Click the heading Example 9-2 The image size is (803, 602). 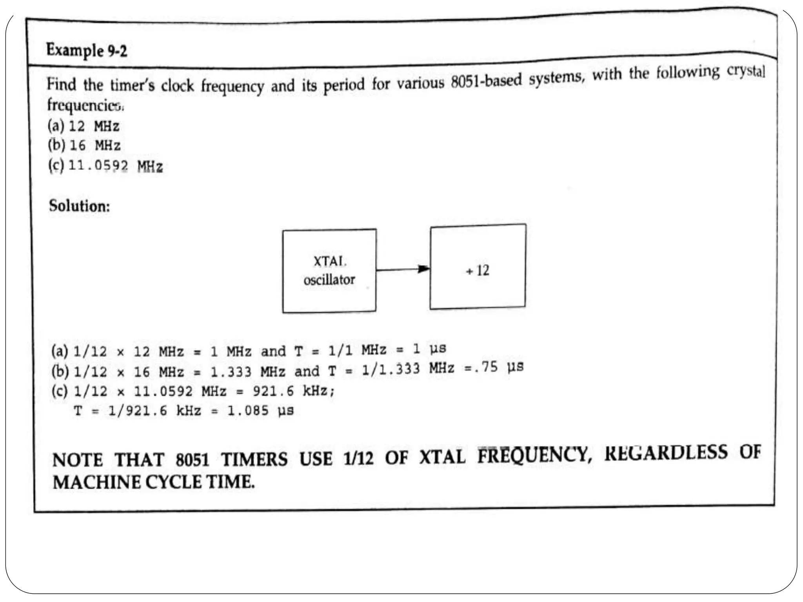point(87,51)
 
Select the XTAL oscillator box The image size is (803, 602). point(329,271)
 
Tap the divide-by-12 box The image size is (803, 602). point(478,267)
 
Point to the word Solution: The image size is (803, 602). point(79,206)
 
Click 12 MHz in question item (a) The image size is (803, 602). point(94,126)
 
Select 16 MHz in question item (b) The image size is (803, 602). point(95,145)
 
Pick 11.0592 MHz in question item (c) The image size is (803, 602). point(116,166)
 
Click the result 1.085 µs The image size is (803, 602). point(260,410)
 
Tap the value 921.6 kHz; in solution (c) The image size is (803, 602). point(294,391)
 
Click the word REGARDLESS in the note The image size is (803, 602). point(666,453)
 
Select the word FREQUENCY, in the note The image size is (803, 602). point(534,455)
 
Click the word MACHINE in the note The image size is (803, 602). point(96,482)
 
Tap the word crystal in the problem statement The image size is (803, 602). point(746,71)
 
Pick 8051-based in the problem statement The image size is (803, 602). point(486,80)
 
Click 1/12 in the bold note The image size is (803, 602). point(358,458)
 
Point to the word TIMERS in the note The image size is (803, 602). point(254,459)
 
